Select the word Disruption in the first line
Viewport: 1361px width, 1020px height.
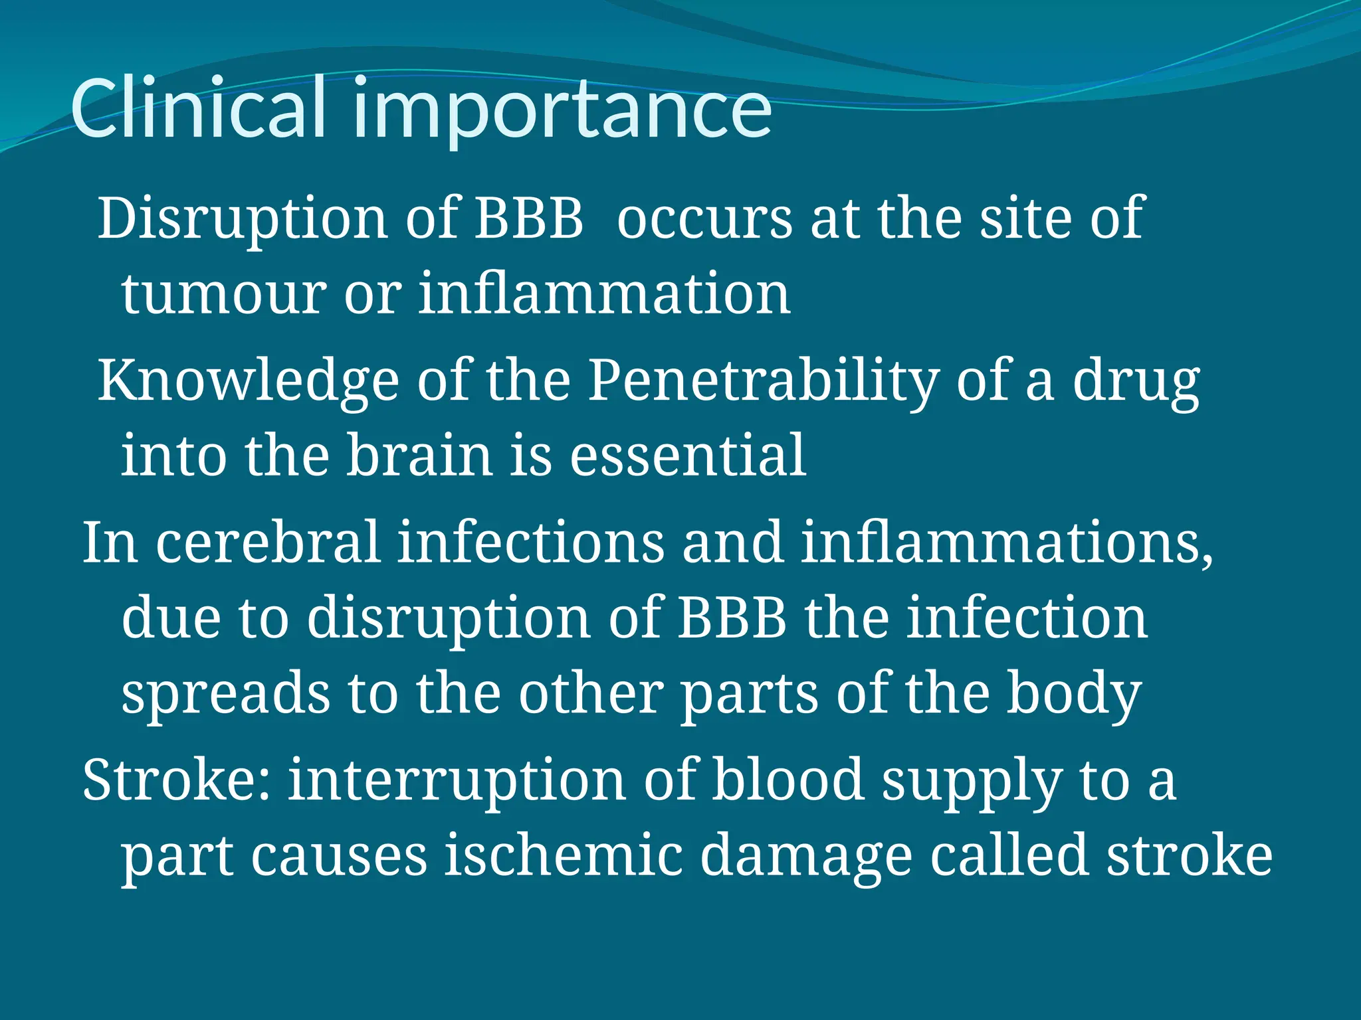coord(243,219)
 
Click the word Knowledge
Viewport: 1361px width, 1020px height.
coord(248,382)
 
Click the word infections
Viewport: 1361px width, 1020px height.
coord(531,543)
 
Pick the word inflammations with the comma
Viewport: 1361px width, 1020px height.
coord(1006,543)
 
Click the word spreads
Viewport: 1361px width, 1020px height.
coord(225,695)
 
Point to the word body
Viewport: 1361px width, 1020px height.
coord(1073,695)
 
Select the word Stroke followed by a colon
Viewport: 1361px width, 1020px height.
coord(177,780)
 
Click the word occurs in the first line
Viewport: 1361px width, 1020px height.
coord(704,219)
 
